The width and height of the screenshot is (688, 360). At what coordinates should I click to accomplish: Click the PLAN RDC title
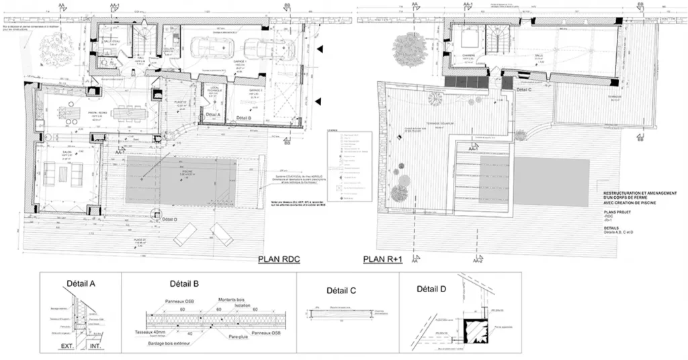(279, 259)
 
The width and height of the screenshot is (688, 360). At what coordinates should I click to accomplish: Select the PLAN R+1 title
(382, 259)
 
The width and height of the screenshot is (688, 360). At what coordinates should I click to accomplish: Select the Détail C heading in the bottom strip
(341, 291)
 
